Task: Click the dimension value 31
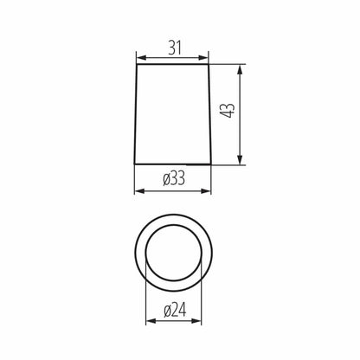click(x=173, y=48)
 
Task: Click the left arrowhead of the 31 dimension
click(x=141, y=59)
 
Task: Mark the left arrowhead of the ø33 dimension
click(x=139, y=191)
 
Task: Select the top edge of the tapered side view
click(x=173, y=66)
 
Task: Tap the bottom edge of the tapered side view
click(x=173, y=164)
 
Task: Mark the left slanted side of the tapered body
click(x=137, y=115)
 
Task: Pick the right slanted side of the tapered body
click(x=209, y=115)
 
